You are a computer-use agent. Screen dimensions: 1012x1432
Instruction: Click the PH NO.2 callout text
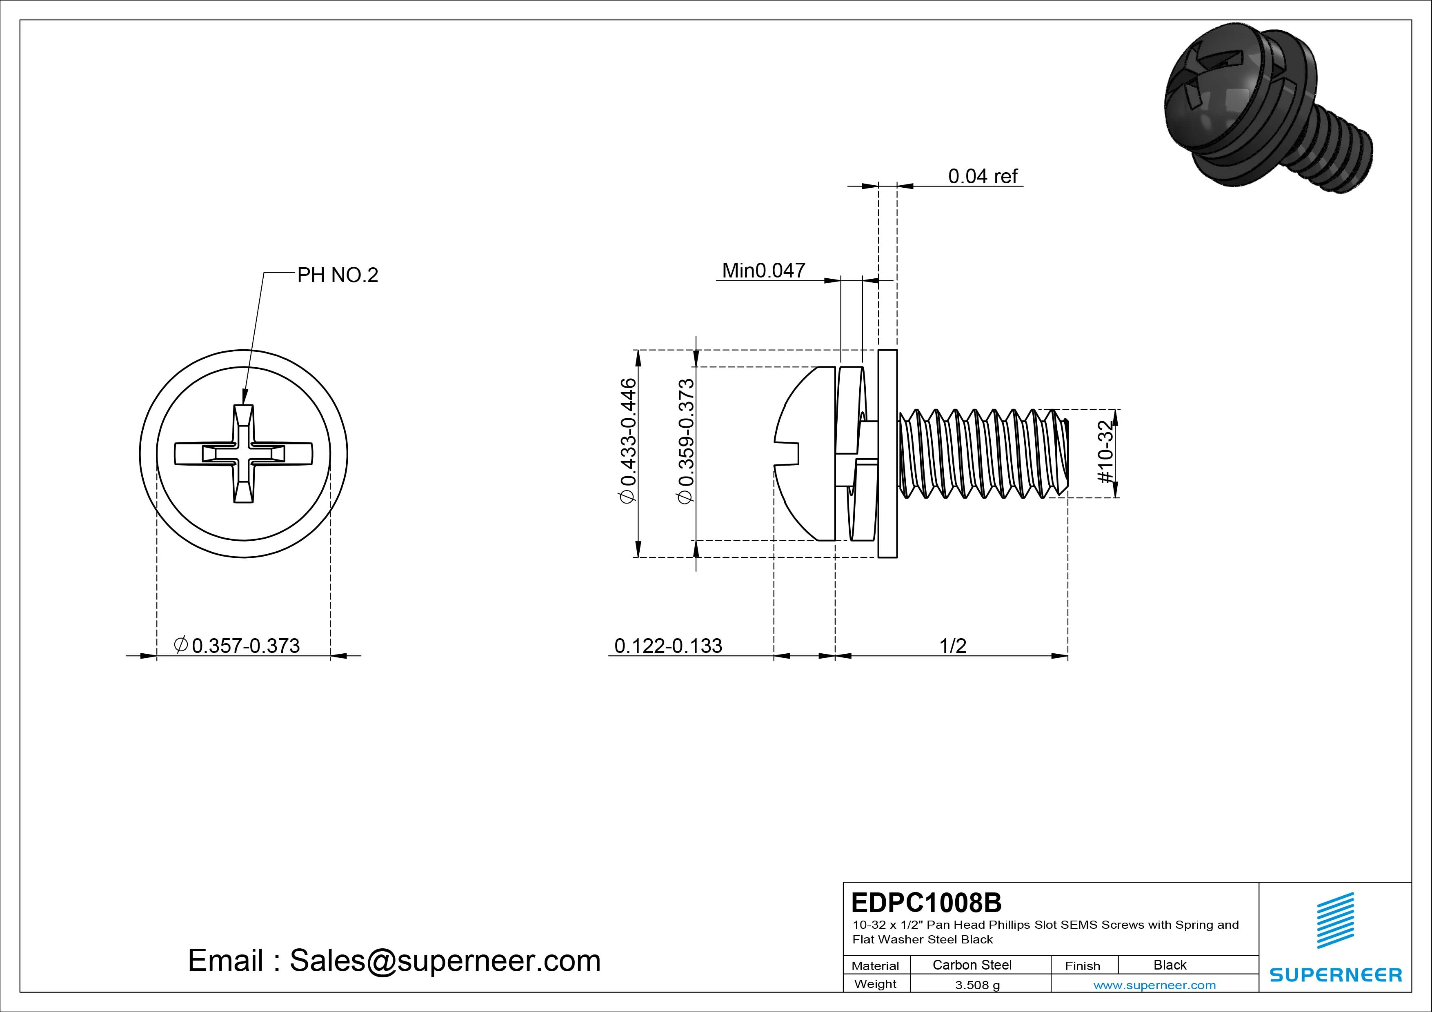click(x=338, y=275)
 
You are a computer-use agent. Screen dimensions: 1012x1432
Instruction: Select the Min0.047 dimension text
click(x=763, y=271)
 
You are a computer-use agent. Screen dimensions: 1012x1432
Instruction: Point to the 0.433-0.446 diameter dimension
click(x=628, y=440)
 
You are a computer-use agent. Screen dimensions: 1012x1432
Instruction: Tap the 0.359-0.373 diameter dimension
click(x=685, y=440)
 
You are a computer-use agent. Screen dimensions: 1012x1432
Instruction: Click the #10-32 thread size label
click(x=1105, y=453)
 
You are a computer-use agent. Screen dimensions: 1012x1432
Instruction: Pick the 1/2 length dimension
click(x=952, y=646)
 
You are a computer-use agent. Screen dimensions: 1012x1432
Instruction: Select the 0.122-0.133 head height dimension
click(x=668, y=646)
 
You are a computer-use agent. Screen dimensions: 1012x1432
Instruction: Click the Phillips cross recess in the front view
click(x=243, y=453)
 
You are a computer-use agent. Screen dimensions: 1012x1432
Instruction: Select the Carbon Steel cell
click(x=971, y=965)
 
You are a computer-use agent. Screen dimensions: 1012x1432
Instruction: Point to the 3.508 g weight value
click(x=977, y=985)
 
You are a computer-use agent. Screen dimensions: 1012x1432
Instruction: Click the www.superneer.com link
click(x=1154, y=985)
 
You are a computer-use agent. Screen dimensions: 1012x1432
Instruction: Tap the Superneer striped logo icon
click(x=1335, y=928)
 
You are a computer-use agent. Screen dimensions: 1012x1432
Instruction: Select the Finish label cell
click(x=1082, y=965)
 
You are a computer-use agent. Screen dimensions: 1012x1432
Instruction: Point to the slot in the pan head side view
click(x=787, y=453)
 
